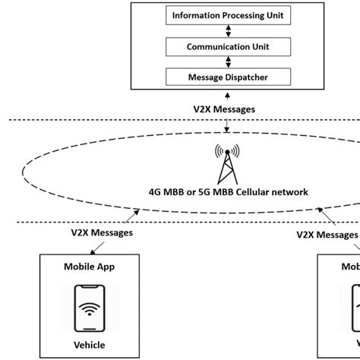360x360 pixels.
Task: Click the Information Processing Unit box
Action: pyautogui.click(x=229, y=15)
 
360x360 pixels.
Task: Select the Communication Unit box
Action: pyautogui.click(x=229, y=46)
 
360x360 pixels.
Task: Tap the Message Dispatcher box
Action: pyautogui.click(x=229, y=77)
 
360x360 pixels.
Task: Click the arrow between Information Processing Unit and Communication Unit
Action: pyautogui.click(x=229, y=30)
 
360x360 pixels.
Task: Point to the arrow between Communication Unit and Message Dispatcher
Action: pyautogui.click(x=229, y=62)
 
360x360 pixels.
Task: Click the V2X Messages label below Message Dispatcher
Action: pyautogui.click(x=224, y=109)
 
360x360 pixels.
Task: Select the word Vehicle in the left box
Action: pyautogui.click(x=90, y=346)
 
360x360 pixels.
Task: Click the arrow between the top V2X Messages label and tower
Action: pyautogui.click(x=224, y=131)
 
